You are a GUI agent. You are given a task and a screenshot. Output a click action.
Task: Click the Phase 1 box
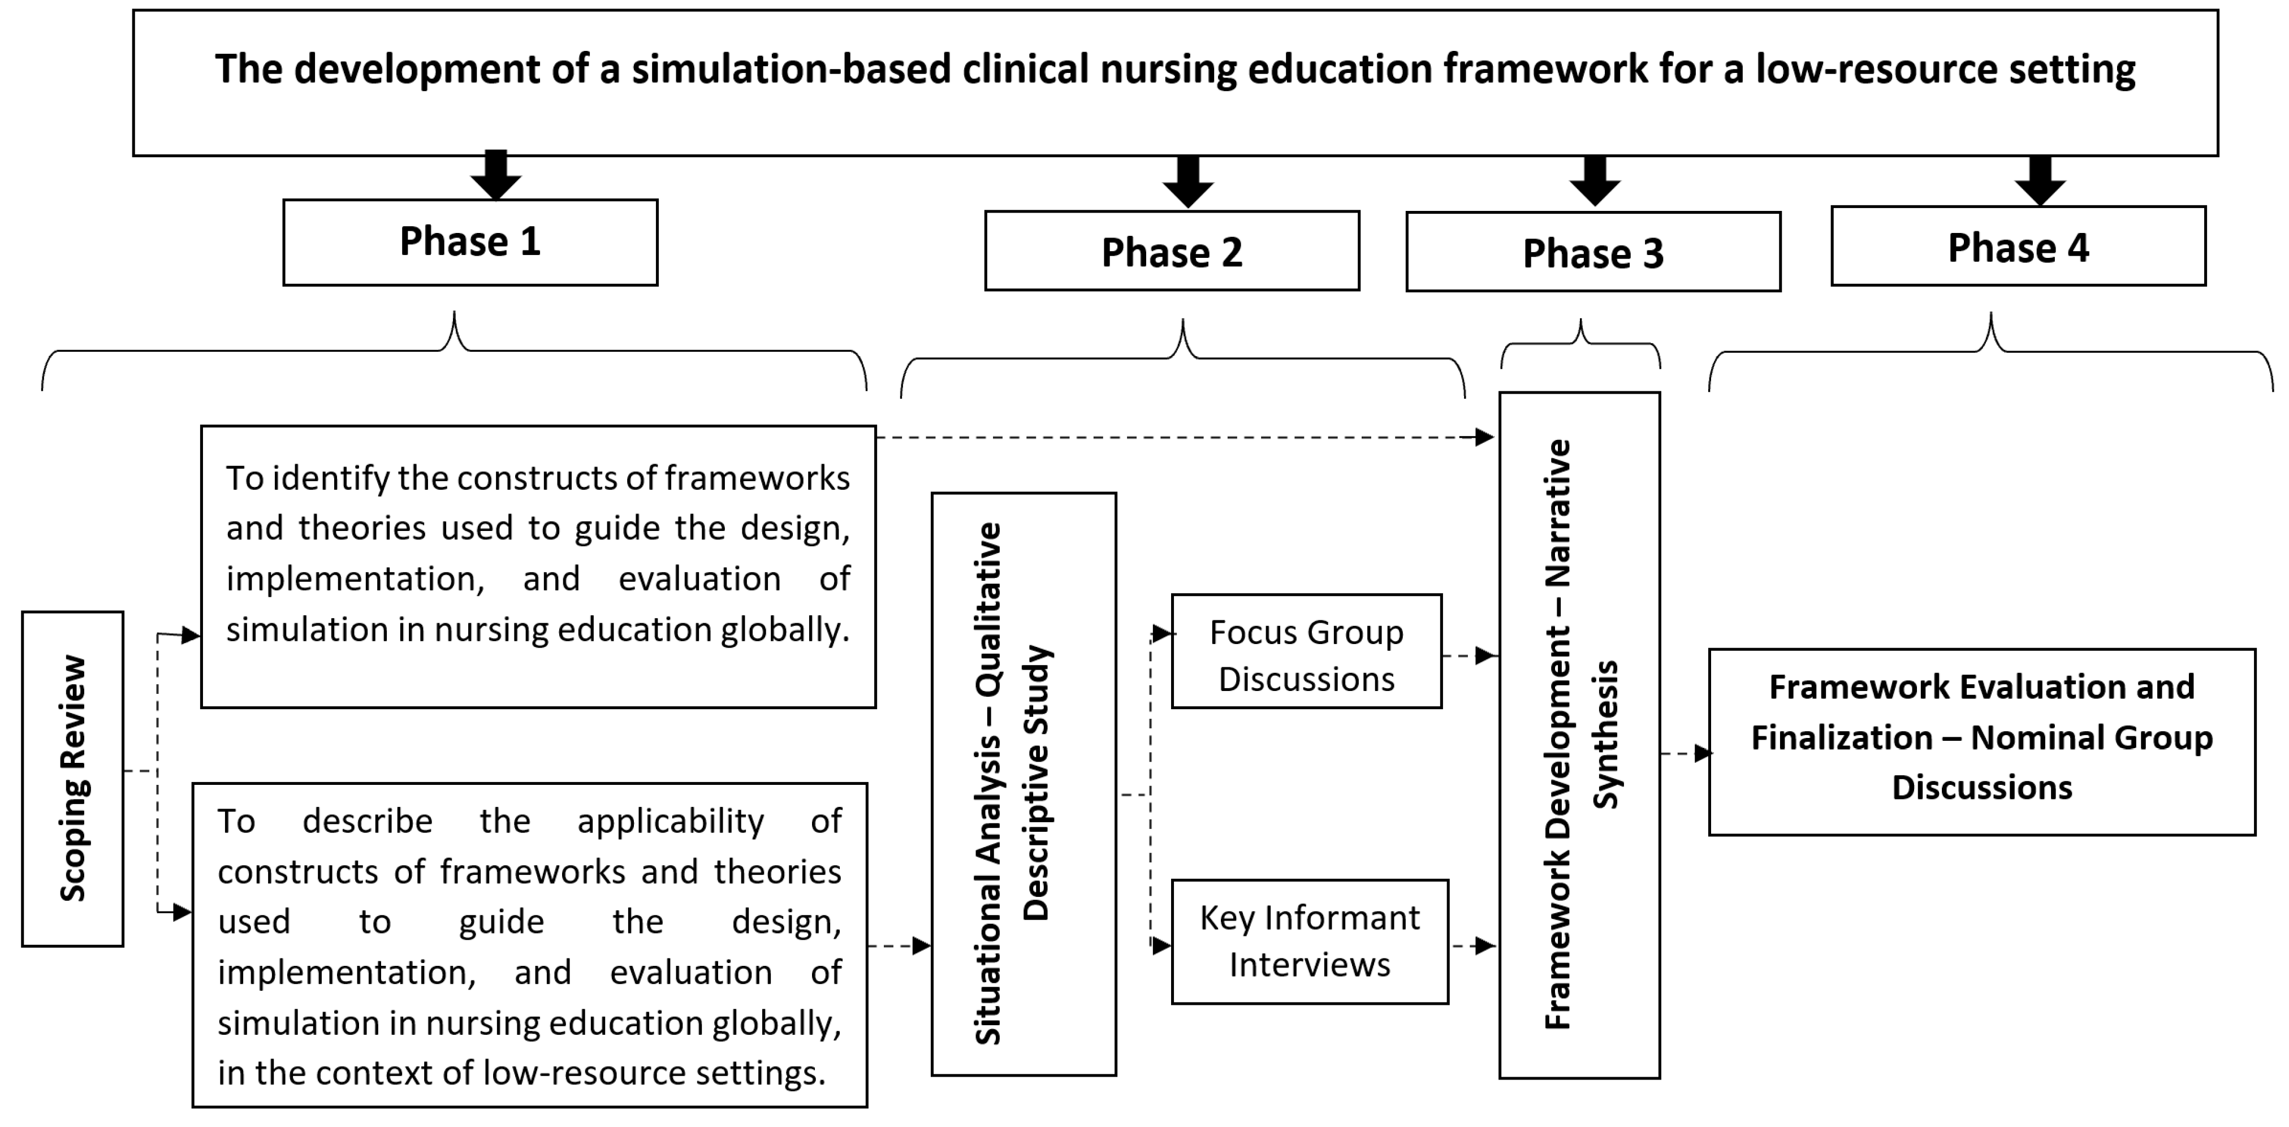(470, 242)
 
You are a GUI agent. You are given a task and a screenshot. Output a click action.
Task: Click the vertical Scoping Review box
(73, 779)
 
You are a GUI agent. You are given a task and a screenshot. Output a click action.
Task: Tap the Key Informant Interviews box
(1310, 942)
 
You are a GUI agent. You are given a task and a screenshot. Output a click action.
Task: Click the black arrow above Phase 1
(496, 175)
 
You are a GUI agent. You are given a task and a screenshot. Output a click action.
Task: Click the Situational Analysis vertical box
(1023, 784)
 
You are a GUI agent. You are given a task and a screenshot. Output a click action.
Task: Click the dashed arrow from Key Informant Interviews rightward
(1475, 945)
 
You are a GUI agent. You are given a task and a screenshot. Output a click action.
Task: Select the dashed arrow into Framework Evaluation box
(1687, 754)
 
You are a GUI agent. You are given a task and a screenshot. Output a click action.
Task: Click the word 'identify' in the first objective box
(331, 478)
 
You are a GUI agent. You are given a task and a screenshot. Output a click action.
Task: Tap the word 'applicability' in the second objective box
(670, 821)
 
